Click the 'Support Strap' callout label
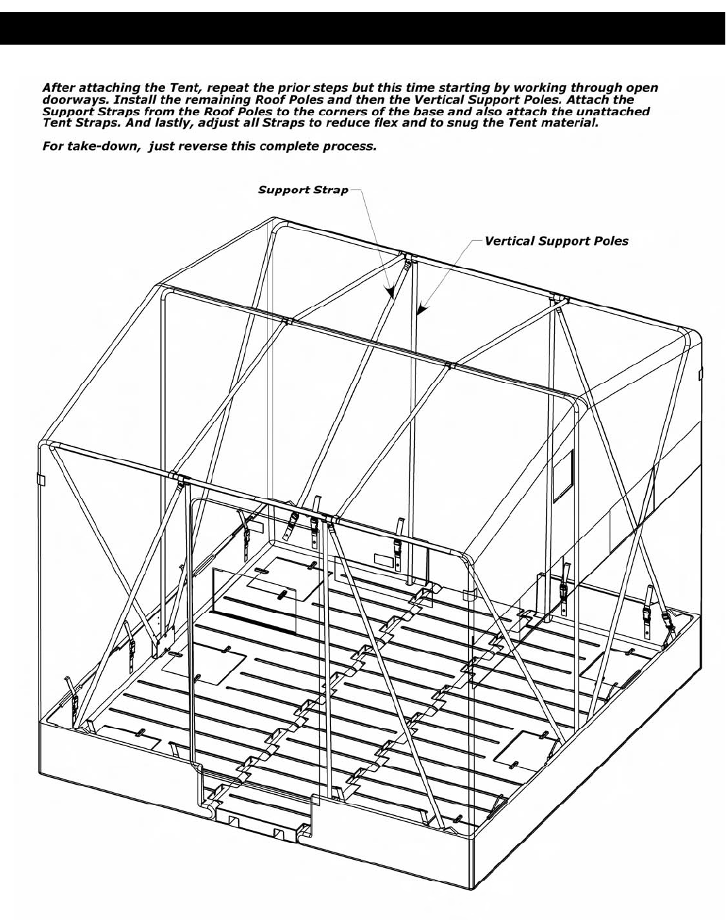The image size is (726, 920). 303,190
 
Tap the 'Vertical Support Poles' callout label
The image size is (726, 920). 556,241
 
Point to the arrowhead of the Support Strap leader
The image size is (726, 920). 392,293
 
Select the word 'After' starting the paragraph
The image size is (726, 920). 59,87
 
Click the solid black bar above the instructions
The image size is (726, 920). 363,29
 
